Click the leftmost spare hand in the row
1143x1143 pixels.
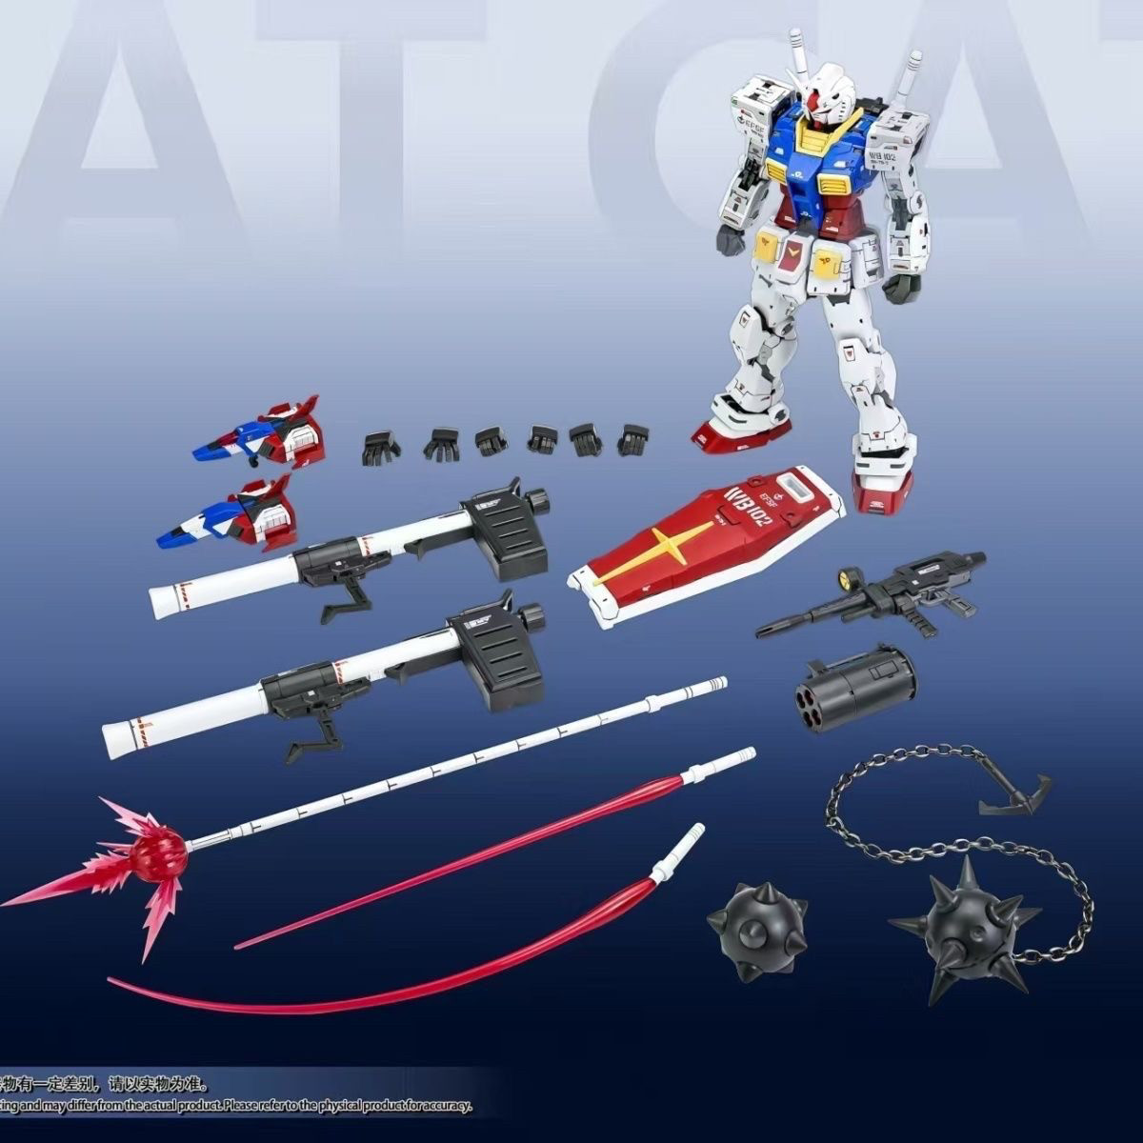(380, 445)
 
